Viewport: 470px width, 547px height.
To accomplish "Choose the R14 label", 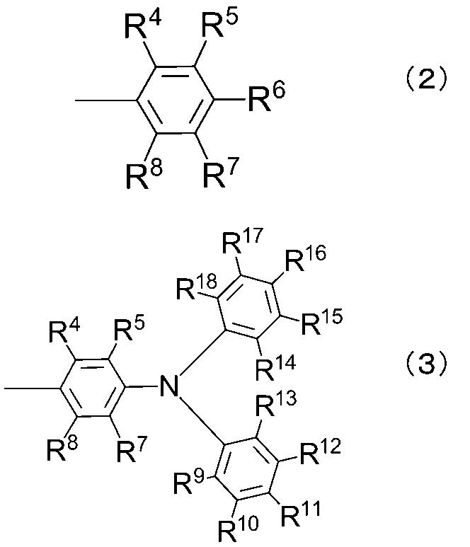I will tap(273, 368).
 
